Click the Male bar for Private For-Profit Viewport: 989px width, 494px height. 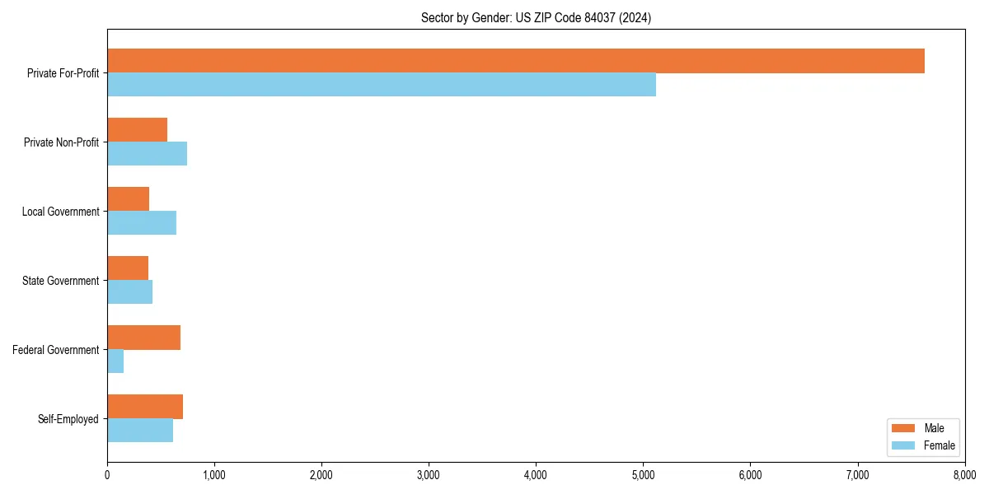coord(516,61)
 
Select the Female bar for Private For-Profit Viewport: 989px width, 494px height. coord(382,85)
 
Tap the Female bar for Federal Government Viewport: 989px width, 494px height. coord(115,361)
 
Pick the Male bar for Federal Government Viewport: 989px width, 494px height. coord(143,338)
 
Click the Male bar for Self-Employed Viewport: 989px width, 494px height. coord(145,407)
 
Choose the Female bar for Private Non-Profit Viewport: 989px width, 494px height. coord(147,154)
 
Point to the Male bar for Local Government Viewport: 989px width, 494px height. coord(128,199)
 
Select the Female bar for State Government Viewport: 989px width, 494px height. coord(129,292)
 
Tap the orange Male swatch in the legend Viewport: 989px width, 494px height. coord(903,428)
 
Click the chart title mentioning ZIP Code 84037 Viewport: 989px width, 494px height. coord(536,18)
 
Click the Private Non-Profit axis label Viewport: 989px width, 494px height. coord(61,142)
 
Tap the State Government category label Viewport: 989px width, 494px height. coord(60,281)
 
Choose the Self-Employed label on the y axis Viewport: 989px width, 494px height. coord(68,419)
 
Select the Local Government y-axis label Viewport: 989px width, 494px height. coord(60,212)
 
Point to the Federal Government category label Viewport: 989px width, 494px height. coord(56,350)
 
